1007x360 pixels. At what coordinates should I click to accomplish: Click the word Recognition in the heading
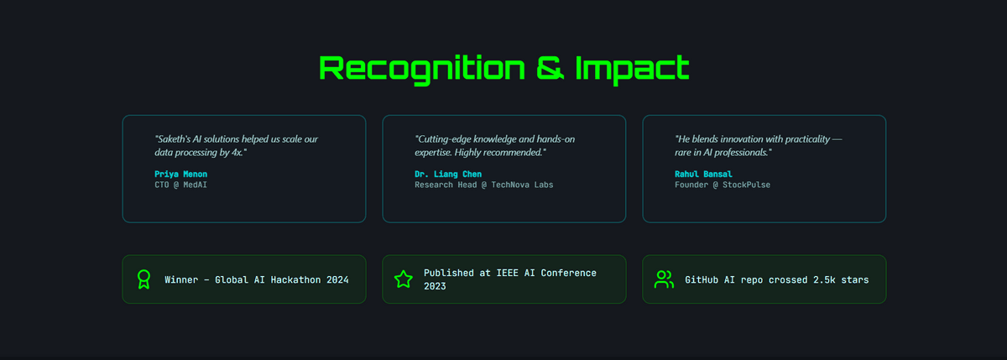click(x=422, y=69)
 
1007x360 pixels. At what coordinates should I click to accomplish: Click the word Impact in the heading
click(x=632, y=69)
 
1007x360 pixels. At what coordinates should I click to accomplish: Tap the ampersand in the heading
click(x=550, y=68)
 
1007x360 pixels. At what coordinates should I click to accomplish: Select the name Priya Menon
click(x=180, y=174)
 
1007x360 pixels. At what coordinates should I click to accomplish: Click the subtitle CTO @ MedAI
click(x=180, y=185)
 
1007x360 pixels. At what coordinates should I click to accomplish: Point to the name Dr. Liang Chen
click(x=448, y=174)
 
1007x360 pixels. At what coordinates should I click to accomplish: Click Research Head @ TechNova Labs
click(x=483, y=185)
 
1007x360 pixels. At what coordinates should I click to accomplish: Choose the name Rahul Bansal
click(x=703, y=174)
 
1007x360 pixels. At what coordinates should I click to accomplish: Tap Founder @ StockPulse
click(x=723, y=185)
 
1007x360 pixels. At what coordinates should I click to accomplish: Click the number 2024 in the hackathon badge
click(x=337, y=279)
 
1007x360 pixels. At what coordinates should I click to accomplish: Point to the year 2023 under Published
click(x=435, y=286)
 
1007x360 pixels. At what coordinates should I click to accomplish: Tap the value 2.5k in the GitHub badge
click(x=824, y=279)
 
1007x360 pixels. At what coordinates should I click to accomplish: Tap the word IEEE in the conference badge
click(x=507, y=273)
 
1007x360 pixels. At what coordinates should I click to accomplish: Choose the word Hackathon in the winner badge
click(x=295, y=279)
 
